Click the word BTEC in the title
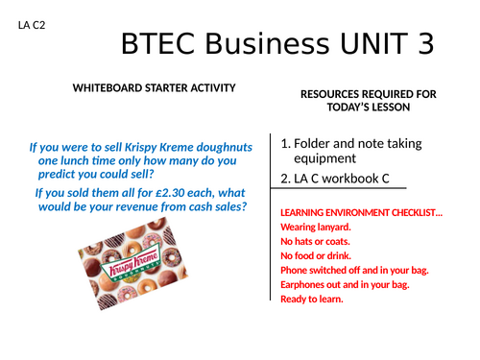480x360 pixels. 165,44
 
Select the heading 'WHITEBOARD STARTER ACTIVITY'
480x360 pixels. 154,88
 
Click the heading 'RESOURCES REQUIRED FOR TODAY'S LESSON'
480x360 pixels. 368,100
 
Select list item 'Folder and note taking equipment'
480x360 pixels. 349,151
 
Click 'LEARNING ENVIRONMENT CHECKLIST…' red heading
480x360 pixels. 361,212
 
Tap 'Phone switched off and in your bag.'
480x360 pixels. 353,271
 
